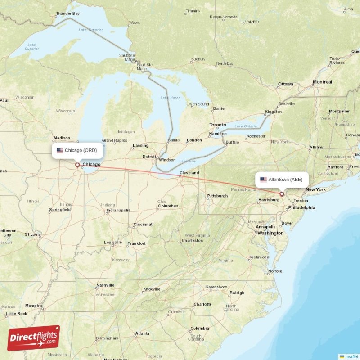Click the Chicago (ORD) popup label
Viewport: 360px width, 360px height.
(77, 150)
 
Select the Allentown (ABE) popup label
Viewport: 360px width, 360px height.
(282, 180)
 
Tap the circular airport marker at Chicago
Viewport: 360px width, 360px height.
(77, 165)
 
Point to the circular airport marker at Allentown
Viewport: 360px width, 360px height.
(282, 194)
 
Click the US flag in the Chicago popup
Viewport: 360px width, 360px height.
(60, 150)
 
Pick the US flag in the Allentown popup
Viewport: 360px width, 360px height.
(263, 180)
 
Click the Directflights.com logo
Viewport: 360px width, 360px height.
(33, 338)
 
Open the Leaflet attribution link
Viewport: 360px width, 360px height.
(351, 356)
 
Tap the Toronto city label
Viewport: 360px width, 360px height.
(218, 125)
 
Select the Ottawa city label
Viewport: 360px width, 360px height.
(285, 84)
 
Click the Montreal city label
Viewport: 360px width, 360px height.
(322, 82)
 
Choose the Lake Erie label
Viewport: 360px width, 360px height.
(187, 161)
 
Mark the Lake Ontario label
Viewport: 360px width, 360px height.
(245, 126)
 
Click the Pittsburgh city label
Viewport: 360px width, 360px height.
(217, 196)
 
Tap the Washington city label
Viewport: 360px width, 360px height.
(270, 233)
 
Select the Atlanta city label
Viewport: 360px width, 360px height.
(143, 333)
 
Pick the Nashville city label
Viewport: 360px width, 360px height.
(105, 285)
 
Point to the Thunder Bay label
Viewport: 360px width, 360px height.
(67, 13)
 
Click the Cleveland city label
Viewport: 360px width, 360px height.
(189, 173)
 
